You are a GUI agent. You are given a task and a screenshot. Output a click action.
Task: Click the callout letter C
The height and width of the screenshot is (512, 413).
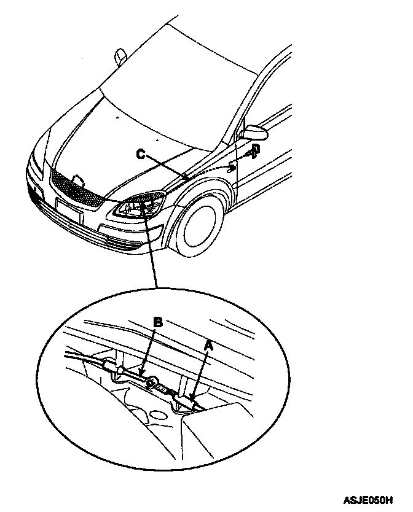click(x=141, y=155)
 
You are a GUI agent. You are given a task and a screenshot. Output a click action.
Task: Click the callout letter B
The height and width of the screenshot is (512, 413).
click(x=158, y=322)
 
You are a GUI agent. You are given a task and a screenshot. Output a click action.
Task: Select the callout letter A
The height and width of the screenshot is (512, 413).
click(x=208, y=347)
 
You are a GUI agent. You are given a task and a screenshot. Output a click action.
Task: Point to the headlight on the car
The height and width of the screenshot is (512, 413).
click(x=140, y=206)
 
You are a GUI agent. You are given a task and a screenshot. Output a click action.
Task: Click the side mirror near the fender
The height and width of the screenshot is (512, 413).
click(x=254, y=132)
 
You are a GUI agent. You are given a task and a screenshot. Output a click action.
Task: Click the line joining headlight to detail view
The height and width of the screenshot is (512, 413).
click(x=152, y=252)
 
